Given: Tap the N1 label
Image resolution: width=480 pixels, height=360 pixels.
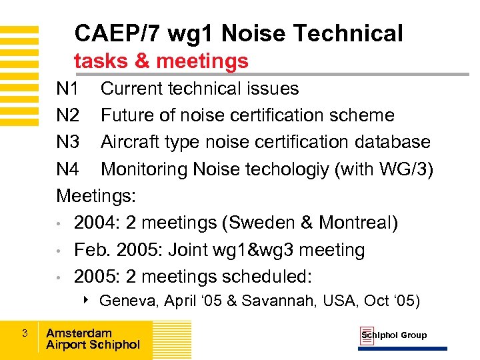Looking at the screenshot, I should coord(68,89).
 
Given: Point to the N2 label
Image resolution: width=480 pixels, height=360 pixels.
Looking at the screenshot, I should coord(68,115).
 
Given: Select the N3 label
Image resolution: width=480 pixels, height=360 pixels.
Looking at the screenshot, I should coord(68,142).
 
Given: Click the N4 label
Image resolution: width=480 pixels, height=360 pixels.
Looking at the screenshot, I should coord(68,169).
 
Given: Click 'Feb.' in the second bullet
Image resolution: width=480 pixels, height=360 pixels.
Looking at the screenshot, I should coord(93,250).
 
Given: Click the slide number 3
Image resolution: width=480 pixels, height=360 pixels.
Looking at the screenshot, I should coord(24,333).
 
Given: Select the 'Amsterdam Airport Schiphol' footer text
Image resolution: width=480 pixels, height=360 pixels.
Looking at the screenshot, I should coord(93,339).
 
